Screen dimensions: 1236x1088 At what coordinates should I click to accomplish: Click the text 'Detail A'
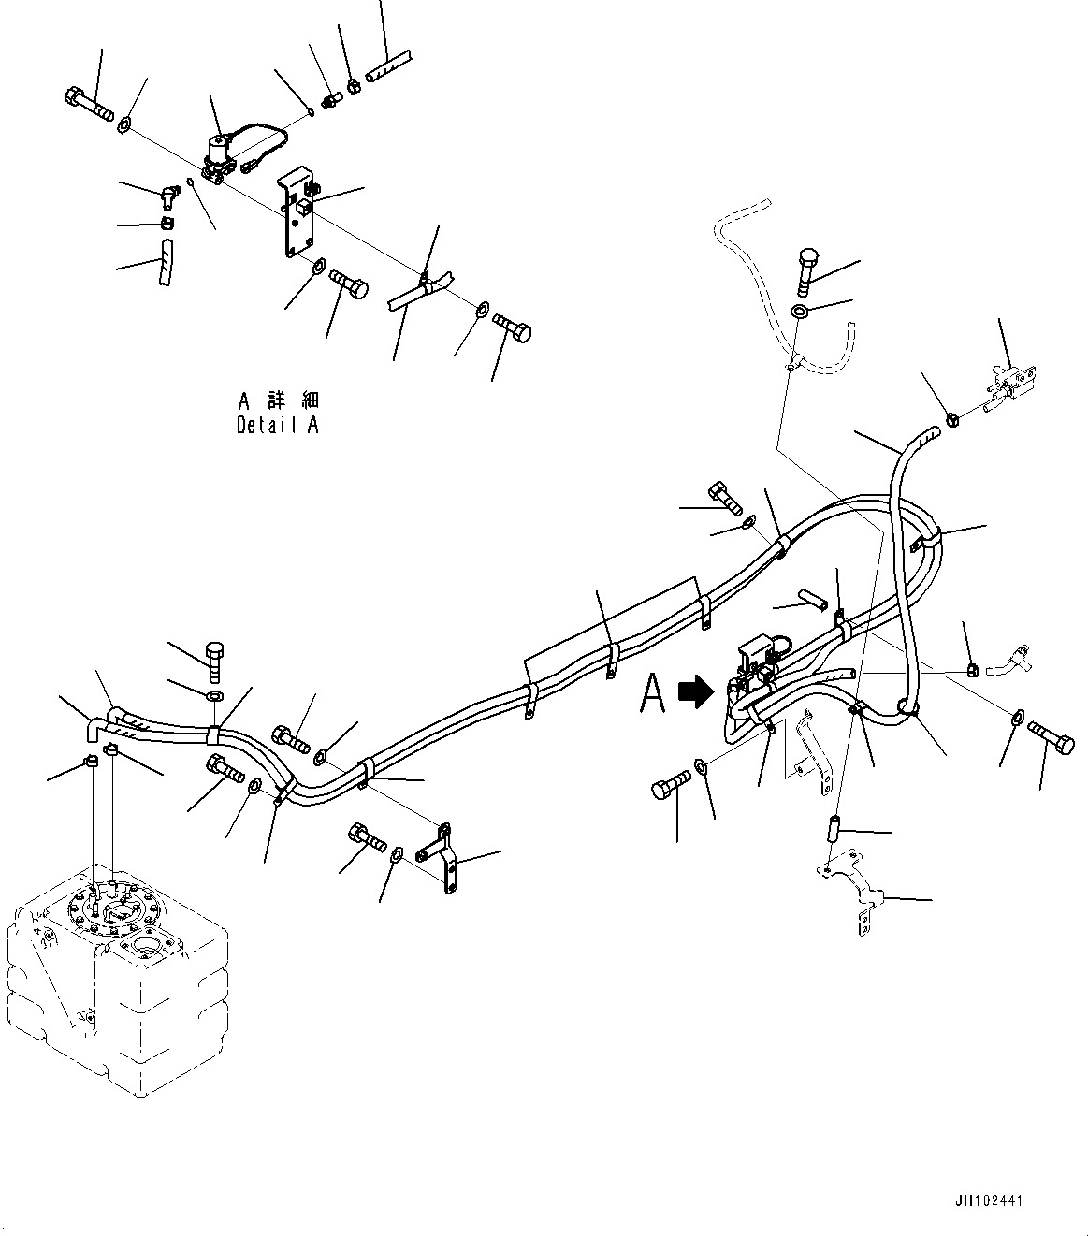278,425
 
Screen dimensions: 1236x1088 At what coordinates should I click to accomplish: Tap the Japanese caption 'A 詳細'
278,401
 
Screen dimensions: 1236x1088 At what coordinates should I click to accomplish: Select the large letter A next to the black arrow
653,694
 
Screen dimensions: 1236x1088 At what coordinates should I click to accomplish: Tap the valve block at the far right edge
1008,384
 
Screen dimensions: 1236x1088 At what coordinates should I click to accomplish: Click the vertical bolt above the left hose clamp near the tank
213,662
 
